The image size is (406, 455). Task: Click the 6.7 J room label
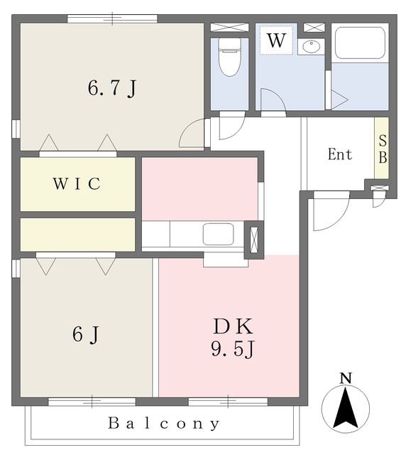[112, 88]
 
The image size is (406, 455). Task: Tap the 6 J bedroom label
[86, 334]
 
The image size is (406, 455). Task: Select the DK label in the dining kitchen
[234, 326]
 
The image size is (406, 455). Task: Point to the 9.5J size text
[233, 349]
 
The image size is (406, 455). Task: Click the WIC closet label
[77, 183]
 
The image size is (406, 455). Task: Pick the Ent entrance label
[340, 154]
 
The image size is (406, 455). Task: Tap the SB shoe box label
[383, 149]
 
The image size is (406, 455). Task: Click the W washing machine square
[277, 40]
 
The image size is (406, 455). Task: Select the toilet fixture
[229, 57]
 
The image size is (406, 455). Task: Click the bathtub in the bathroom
[360, 43]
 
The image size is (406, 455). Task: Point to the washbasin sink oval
[311, 45]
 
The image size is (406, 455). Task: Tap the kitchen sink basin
[218, 234]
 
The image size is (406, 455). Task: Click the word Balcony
[164, 424]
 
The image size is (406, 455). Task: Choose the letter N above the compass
[346, 378]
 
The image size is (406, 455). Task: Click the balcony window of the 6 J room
[92, 402]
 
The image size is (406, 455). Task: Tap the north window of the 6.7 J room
[112, 18]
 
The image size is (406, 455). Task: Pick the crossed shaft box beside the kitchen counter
[254, 240]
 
